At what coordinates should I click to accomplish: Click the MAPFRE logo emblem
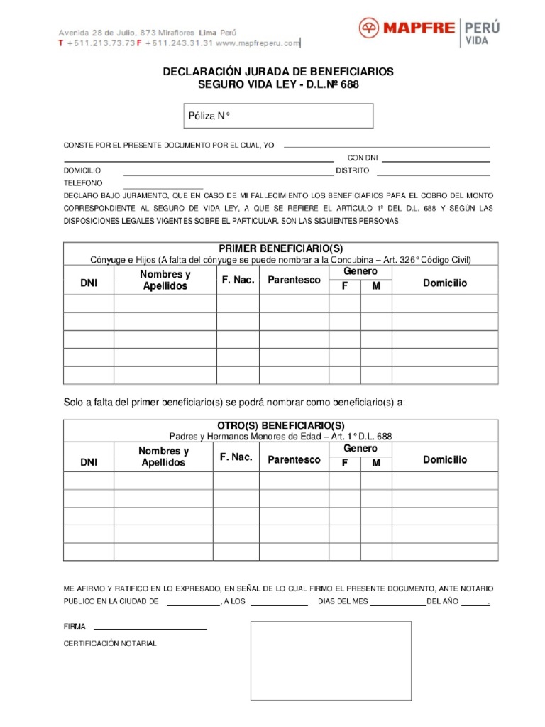pyautogui.click(x=369, y=29)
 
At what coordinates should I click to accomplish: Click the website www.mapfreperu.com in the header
pyautogui.click(x=258, y=43)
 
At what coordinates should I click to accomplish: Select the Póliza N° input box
pyautogui.click(x=275, y=116)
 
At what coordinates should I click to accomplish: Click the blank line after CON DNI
pyautogui.click(x=436, y=160)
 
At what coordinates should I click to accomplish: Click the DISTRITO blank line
pyautogui.click(x=433, y=173)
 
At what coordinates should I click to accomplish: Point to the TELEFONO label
pyautogui.click(x=83, y=183)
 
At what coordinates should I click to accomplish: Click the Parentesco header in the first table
pyautogui.click(x=294, y=280)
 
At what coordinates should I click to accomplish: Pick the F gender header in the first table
pyautogui.click(x=345, y=286)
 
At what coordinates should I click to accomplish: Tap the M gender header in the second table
pyautogui.click(x=376, y=463)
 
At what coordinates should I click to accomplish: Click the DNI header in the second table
pyautogui.click(x=89, y=462)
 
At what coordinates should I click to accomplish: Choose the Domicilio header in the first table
pyautogui.click(x=445, y=283)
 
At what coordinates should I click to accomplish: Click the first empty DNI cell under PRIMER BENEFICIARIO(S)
pyautogui.click(x=89, y=304)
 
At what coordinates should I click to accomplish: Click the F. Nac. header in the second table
pyautogui.click(x=236, y=457)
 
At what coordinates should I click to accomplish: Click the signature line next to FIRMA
pyautogui.click(x=150, y=628)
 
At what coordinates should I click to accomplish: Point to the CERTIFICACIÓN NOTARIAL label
pyautogui.click(x=110, y=643)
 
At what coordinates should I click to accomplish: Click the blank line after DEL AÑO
pyautogui.click(x=475, y=603)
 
